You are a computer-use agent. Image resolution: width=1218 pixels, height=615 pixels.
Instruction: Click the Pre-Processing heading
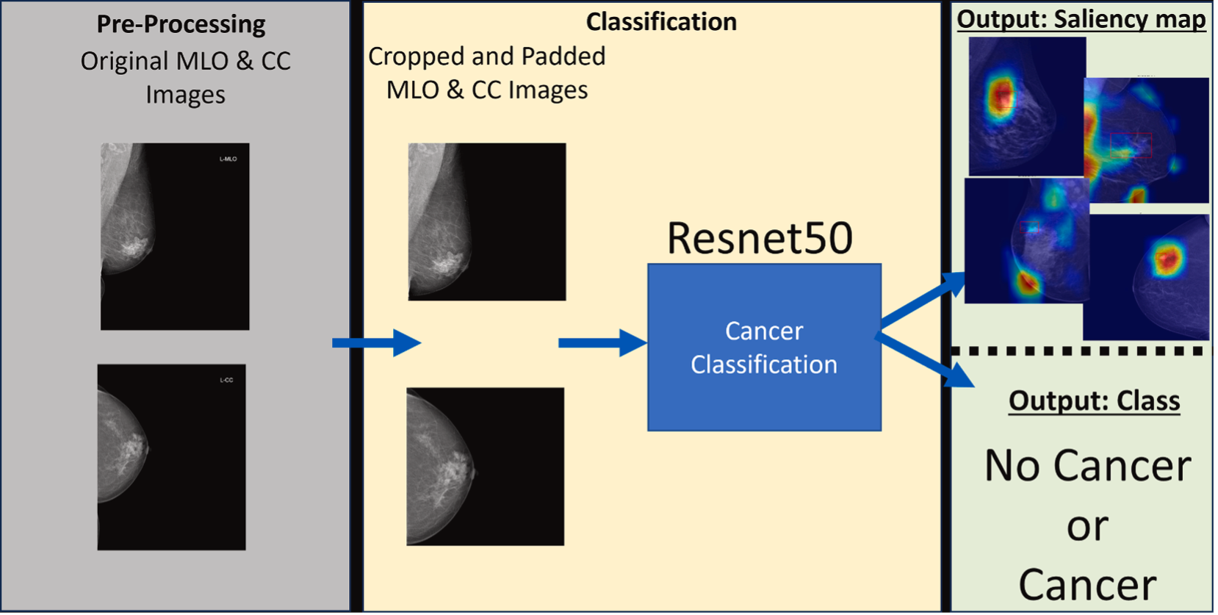pos(181,24)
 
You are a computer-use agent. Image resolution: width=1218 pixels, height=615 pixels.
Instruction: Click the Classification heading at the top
pos(660,21)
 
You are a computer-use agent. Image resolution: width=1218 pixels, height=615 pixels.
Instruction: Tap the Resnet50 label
pos(759,238)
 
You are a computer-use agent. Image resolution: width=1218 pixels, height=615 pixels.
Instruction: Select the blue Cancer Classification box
pos(764,348)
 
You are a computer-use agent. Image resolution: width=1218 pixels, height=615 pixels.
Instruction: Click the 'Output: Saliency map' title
pos(1081,18)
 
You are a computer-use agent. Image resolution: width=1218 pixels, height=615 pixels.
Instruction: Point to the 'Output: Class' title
pos(1094,400)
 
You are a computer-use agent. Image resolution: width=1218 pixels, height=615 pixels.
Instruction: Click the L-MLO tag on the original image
pos(228,159)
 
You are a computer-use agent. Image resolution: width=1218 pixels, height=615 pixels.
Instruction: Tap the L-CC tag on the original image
pos(226,380)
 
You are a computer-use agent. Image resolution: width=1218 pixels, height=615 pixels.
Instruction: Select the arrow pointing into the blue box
pos(602,342)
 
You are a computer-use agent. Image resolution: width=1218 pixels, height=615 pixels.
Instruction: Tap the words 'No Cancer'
pos(1087,466)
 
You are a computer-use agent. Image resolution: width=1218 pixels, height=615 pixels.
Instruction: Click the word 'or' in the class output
pos(1087,526)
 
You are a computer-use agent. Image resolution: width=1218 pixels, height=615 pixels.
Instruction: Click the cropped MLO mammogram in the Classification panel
pos(486,221)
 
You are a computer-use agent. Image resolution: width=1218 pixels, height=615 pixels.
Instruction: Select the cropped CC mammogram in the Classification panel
pos(485,466)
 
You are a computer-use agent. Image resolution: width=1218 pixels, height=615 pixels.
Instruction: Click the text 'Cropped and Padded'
pos(486,56)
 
